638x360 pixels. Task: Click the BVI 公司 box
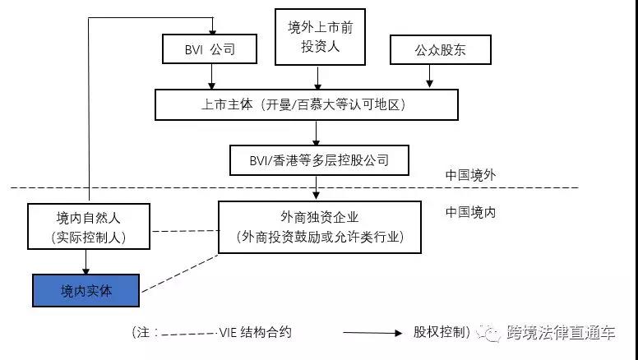click(x=210, y=49)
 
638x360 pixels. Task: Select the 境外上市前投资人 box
click(x=320, y=38)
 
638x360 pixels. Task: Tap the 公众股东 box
click(x=440, y=49)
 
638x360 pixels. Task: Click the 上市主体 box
click(x=306, y=105)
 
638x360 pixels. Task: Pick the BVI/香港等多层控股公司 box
click(x=320, y=159)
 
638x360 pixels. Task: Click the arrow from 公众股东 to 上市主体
click(x=429, y=76)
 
